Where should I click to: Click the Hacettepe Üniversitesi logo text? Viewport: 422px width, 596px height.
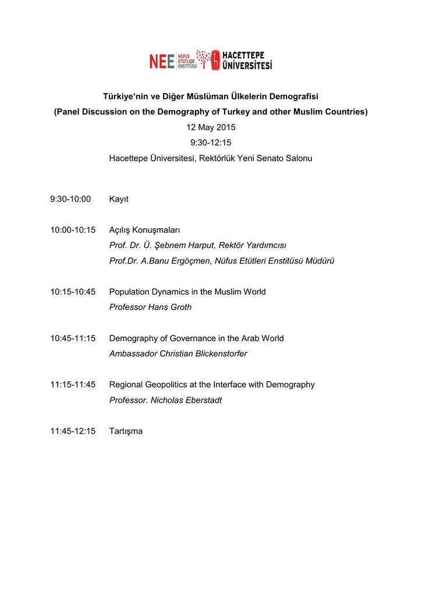pos(247,60)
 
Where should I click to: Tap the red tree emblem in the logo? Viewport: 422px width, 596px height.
pos(204,58)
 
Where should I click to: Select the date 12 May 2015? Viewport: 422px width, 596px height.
pos(211,127)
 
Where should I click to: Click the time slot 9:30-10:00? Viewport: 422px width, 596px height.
pos(70,199)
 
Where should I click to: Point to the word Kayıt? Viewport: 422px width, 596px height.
pos(119,199)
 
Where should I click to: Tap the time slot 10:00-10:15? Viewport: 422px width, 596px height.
pos(73,230)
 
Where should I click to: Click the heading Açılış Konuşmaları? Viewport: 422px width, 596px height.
pos(145,230)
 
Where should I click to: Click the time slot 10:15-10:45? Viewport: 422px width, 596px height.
pos(73,292)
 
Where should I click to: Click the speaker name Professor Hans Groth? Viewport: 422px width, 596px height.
pos(150,307)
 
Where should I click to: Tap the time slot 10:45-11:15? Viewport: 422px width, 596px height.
pos(73,338)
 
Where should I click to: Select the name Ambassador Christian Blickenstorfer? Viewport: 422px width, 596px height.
pos(178,354)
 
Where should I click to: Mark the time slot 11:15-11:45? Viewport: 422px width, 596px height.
pos(73,385)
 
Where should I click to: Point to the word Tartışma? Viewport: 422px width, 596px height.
pos(126,431)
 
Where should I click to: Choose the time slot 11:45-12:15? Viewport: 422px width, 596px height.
pos(73,431)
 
